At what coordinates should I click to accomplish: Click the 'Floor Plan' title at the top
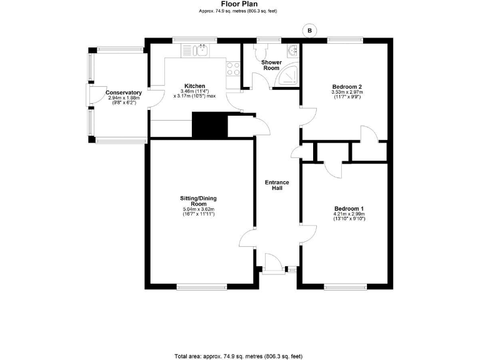pyautogui.click(x=240, y=4)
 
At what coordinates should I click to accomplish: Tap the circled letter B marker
pyautogui.click(x=309, y=29)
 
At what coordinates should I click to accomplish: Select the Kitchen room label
pyautogui.click(x=194, y=86)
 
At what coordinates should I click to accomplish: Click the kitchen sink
pyautogui.click(x=201, y=51)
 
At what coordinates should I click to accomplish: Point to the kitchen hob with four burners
pyautogui.click(x=233, y=68)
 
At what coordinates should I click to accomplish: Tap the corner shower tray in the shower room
pyautogui.click(x=289, y=76)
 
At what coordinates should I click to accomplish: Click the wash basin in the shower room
pyautogui.click(x=292, y=51)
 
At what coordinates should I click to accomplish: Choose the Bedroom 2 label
pyautogui.click(x=347, y=86)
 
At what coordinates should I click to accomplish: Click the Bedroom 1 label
pyautogui.click(x=349, y=208)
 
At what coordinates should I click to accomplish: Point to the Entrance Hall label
pyautogui.click(x=277, y=185)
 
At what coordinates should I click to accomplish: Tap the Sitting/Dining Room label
pyautogui.click(x=199, y=201)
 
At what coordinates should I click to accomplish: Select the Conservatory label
pyautogui.click(x=124, y=92)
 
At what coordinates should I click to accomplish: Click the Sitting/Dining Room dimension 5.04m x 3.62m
pyautogui.click(x=199, y=209)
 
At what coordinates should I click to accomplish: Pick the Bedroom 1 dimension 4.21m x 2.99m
pyautogui.click(x=349, y=214)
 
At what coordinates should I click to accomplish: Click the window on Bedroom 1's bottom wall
pyautogui.click(x=345, y=287)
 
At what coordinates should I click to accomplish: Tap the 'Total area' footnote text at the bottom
pyautogui.click(x=240, y=356)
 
